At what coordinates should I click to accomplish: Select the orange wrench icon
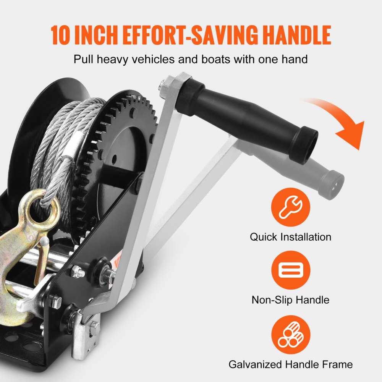click(291, 207)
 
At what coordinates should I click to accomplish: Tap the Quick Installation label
click(291, 237)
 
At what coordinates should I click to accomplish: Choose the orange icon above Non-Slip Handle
click(291, 270)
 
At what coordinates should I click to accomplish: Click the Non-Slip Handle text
click(290, 300)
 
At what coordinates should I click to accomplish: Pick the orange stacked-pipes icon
click(291, 334)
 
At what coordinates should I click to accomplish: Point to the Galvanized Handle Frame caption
click(291, 364)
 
